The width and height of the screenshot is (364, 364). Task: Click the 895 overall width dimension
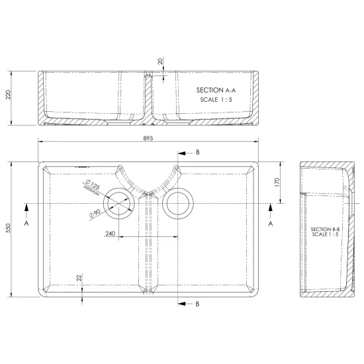click(x=148, y=138)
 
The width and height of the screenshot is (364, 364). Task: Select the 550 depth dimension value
click(x=9, y=228)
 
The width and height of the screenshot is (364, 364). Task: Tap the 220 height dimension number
click(x=9, y=95)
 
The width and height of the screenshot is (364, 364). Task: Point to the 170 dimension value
click(x=277, y=182)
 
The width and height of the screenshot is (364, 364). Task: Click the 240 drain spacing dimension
click(x=111, y=234)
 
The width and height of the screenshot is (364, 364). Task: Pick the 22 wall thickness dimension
click(x=79, y=278)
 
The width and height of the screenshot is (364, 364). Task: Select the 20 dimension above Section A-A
click(x=161, y=62)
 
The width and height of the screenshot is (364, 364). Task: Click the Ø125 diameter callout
click(x=93, y=185)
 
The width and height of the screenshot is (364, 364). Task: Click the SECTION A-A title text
click(x=216, y=90)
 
